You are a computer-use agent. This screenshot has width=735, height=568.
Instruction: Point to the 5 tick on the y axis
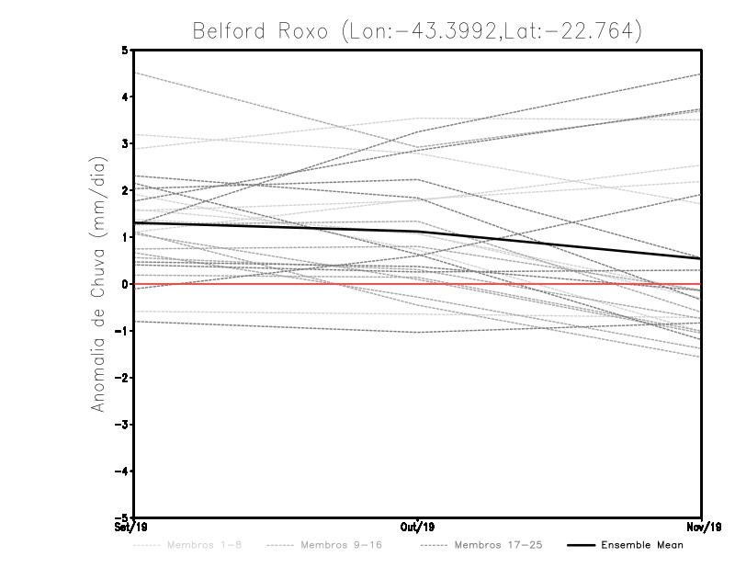point(125,50)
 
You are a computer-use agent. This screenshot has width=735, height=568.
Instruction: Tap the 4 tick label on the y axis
point(125,97)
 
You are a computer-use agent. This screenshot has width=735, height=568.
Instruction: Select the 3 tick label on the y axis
point(125,143)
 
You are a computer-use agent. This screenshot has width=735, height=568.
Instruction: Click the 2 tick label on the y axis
point(125,190)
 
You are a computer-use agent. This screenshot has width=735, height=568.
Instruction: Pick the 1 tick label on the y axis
point(125,237)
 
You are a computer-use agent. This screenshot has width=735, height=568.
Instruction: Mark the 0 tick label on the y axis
point(125,284)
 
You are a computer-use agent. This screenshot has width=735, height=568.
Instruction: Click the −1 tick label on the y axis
point(123,331)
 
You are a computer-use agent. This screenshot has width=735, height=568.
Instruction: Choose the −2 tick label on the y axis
point(123,378)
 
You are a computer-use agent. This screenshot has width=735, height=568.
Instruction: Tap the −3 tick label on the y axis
point(123,425)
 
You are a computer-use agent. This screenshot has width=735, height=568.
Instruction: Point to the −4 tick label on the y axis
point(123,471)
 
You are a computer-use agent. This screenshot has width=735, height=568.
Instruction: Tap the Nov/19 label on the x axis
point(702,528)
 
